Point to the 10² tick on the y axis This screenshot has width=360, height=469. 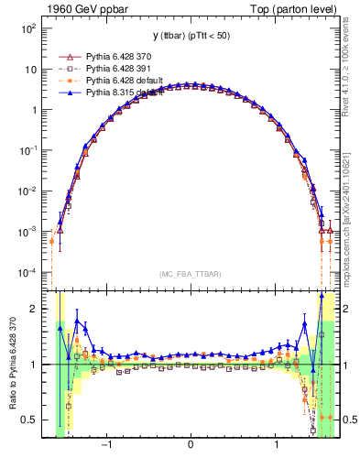point(28,29)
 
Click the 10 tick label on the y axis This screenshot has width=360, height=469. point(30,70)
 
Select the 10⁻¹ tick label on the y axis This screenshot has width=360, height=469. point(28,151)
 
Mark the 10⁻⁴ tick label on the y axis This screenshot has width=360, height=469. point(28,273)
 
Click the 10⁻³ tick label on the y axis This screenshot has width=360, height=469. point(28,233)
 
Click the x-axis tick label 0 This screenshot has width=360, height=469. point(190,446)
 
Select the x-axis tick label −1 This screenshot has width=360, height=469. point(107,446)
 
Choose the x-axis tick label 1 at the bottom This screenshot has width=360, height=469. point(277,446)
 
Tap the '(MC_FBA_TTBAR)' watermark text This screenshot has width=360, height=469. point(190,273)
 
